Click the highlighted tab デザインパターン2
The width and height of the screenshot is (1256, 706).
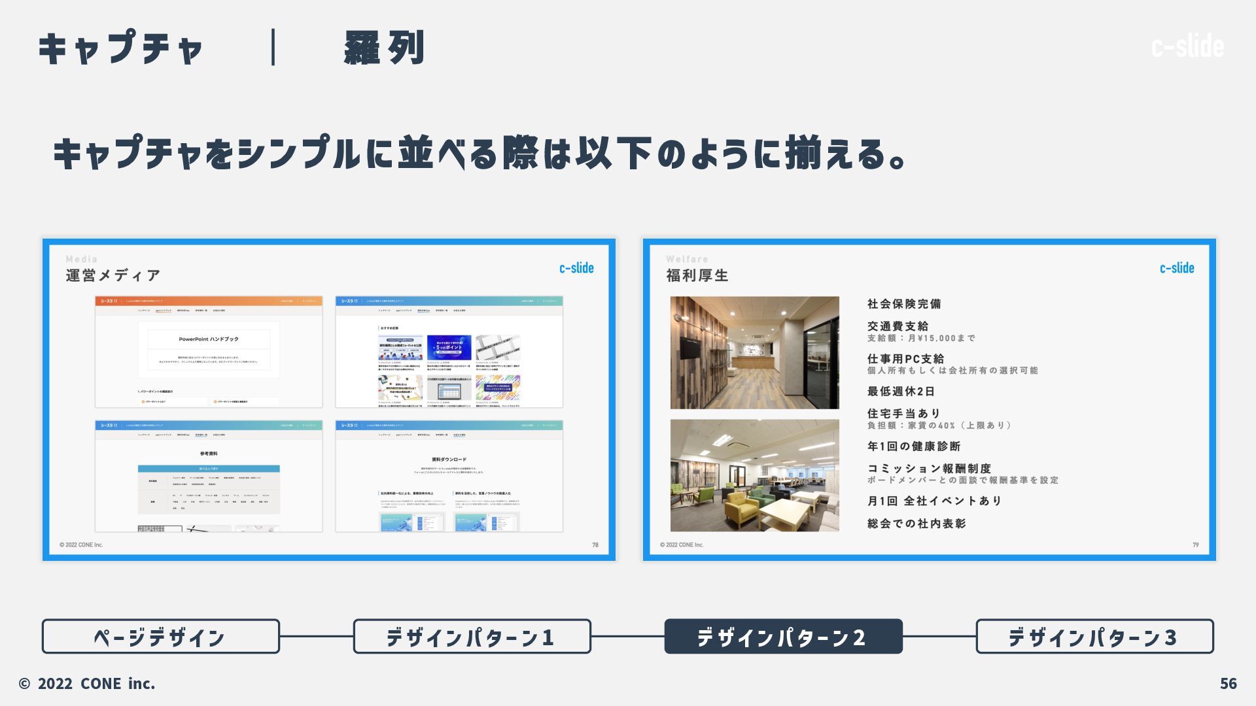pyautogui.click(x=783, y=637)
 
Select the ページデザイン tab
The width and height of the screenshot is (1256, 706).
pyautogui.click(x=160, y=637)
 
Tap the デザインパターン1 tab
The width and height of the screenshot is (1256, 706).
pyautogui.click(x=472, y=637)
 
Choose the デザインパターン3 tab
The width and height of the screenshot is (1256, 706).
pyautogui.click(x=1094, y=637)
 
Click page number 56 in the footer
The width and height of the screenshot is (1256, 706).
pyautogui.click(x=1228, y=684)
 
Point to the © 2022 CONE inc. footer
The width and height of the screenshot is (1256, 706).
pyautogui.click(x=87, y=684)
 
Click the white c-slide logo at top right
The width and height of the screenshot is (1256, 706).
pyautogui.click(x=1187, y=46)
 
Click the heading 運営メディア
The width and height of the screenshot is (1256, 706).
pyautogui.click(x=113, y=276)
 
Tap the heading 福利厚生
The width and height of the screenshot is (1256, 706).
pyautogui.click(x=697, y=276)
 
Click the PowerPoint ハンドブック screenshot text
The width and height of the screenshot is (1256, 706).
pyautogui.click(x=209, y=339)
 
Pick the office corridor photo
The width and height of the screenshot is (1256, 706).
pyautogui.click(x=754, y=353)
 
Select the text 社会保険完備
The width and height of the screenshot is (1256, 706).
pyautogui.click(x=904, y=304)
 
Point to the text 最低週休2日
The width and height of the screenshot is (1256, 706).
pyautogui.click(x=901, y=392)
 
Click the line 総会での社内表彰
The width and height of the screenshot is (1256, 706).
pyautogui.click(x=916, y=524)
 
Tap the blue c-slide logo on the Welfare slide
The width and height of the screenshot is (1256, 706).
pyautogui.click(x=1176, y=268)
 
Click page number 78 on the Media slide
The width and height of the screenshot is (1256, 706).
pyautogui.click(x=595, y=545)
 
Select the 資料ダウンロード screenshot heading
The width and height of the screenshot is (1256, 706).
pyautogui.click(x=449, y=460)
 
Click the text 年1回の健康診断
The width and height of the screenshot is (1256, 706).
pyautogui.click(x=914, y=446)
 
